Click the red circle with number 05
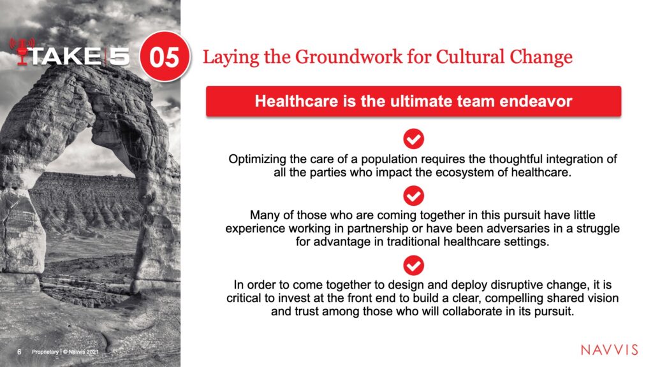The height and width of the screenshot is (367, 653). coord(165,56)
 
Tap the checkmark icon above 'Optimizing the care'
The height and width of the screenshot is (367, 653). coord(413,139)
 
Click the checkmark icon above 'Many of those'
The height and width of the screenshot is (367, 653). coord(413,196)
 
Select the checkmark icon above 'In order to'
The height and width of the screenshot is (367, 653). coord(413,266)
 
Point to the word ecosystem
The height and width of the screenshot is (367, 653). coord(463,172)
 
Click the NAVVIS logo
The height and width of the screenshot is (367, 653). coord(609,350)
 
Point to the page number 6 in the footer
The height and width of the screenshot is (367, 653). coord(19,352)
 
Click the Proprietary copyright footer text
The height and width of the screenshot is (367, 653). coord(66,352)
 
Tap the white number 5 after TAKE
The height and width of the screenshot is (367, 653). coord(119,56)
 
